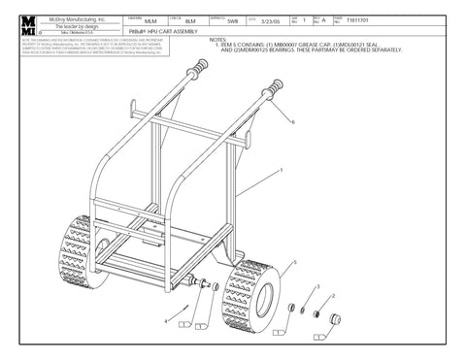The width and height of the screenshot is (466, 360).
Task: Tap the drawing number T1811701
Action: coord(345,20)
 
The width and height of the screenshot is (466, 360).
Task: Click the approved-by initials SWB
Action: coord(232,20)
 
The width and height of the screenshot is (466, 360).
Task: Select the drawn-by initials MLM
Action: coord(150,20)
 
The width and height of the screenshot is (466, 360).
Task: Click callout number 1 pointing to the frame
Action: coord(282,171)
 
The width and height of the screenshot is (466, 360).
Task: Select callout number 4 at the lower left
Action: coord(165,320)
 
